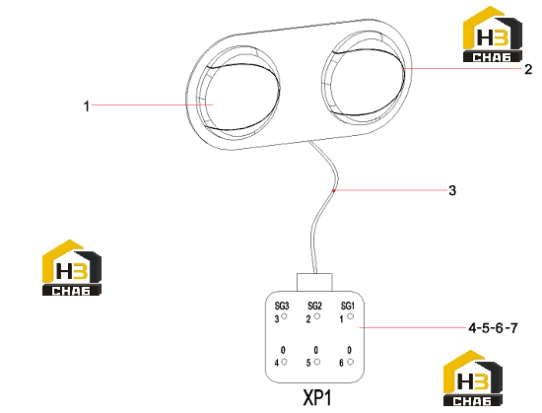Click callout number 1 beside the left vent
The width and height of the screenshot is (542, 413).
click(87, 106)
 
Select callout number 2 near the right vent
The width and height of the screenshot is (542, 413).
click(528, 69)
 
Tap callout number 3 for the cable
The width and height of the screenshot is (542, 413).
click(452, 190)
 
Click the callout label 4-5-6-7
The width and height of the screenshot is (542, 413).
click(494, 327)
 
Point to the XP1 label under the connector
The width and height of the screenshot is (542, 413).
click(317, 397)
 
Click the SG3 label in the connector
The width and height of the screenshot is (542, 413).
click(282, 306)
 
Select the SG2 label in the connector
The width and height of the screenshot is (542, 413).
click(314, 306)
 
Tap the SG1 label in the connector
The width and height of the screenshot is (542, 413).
click(348, 306)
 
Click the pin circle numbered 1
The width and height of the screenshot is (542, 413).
click(351, 315)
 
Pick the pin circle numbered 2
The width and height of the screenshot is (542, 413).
click(317, 315)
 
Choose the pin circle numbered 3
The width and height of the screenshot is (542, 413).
click(285, 315)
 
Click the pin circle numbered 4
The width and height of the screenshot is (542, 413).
click(284, 362)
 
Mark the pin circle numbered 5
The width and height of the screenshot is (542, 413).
click(317, 362)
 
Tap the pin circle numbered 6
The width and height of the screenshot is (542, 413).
click(351, 362)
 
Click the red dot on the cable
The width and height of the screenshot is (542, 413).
click(333, 190)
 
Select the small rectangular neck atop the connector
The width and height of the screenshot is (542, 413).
click(314, 282)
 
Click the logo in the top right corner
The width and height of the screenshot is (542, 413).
click(493, 34)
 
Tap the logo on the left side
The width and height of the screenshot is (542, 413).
click(72, 267)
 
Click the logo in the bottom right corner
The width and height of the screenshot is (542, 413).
click(473, 378)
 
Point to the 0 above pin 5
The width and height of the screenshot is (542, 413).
click(316, 351)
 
